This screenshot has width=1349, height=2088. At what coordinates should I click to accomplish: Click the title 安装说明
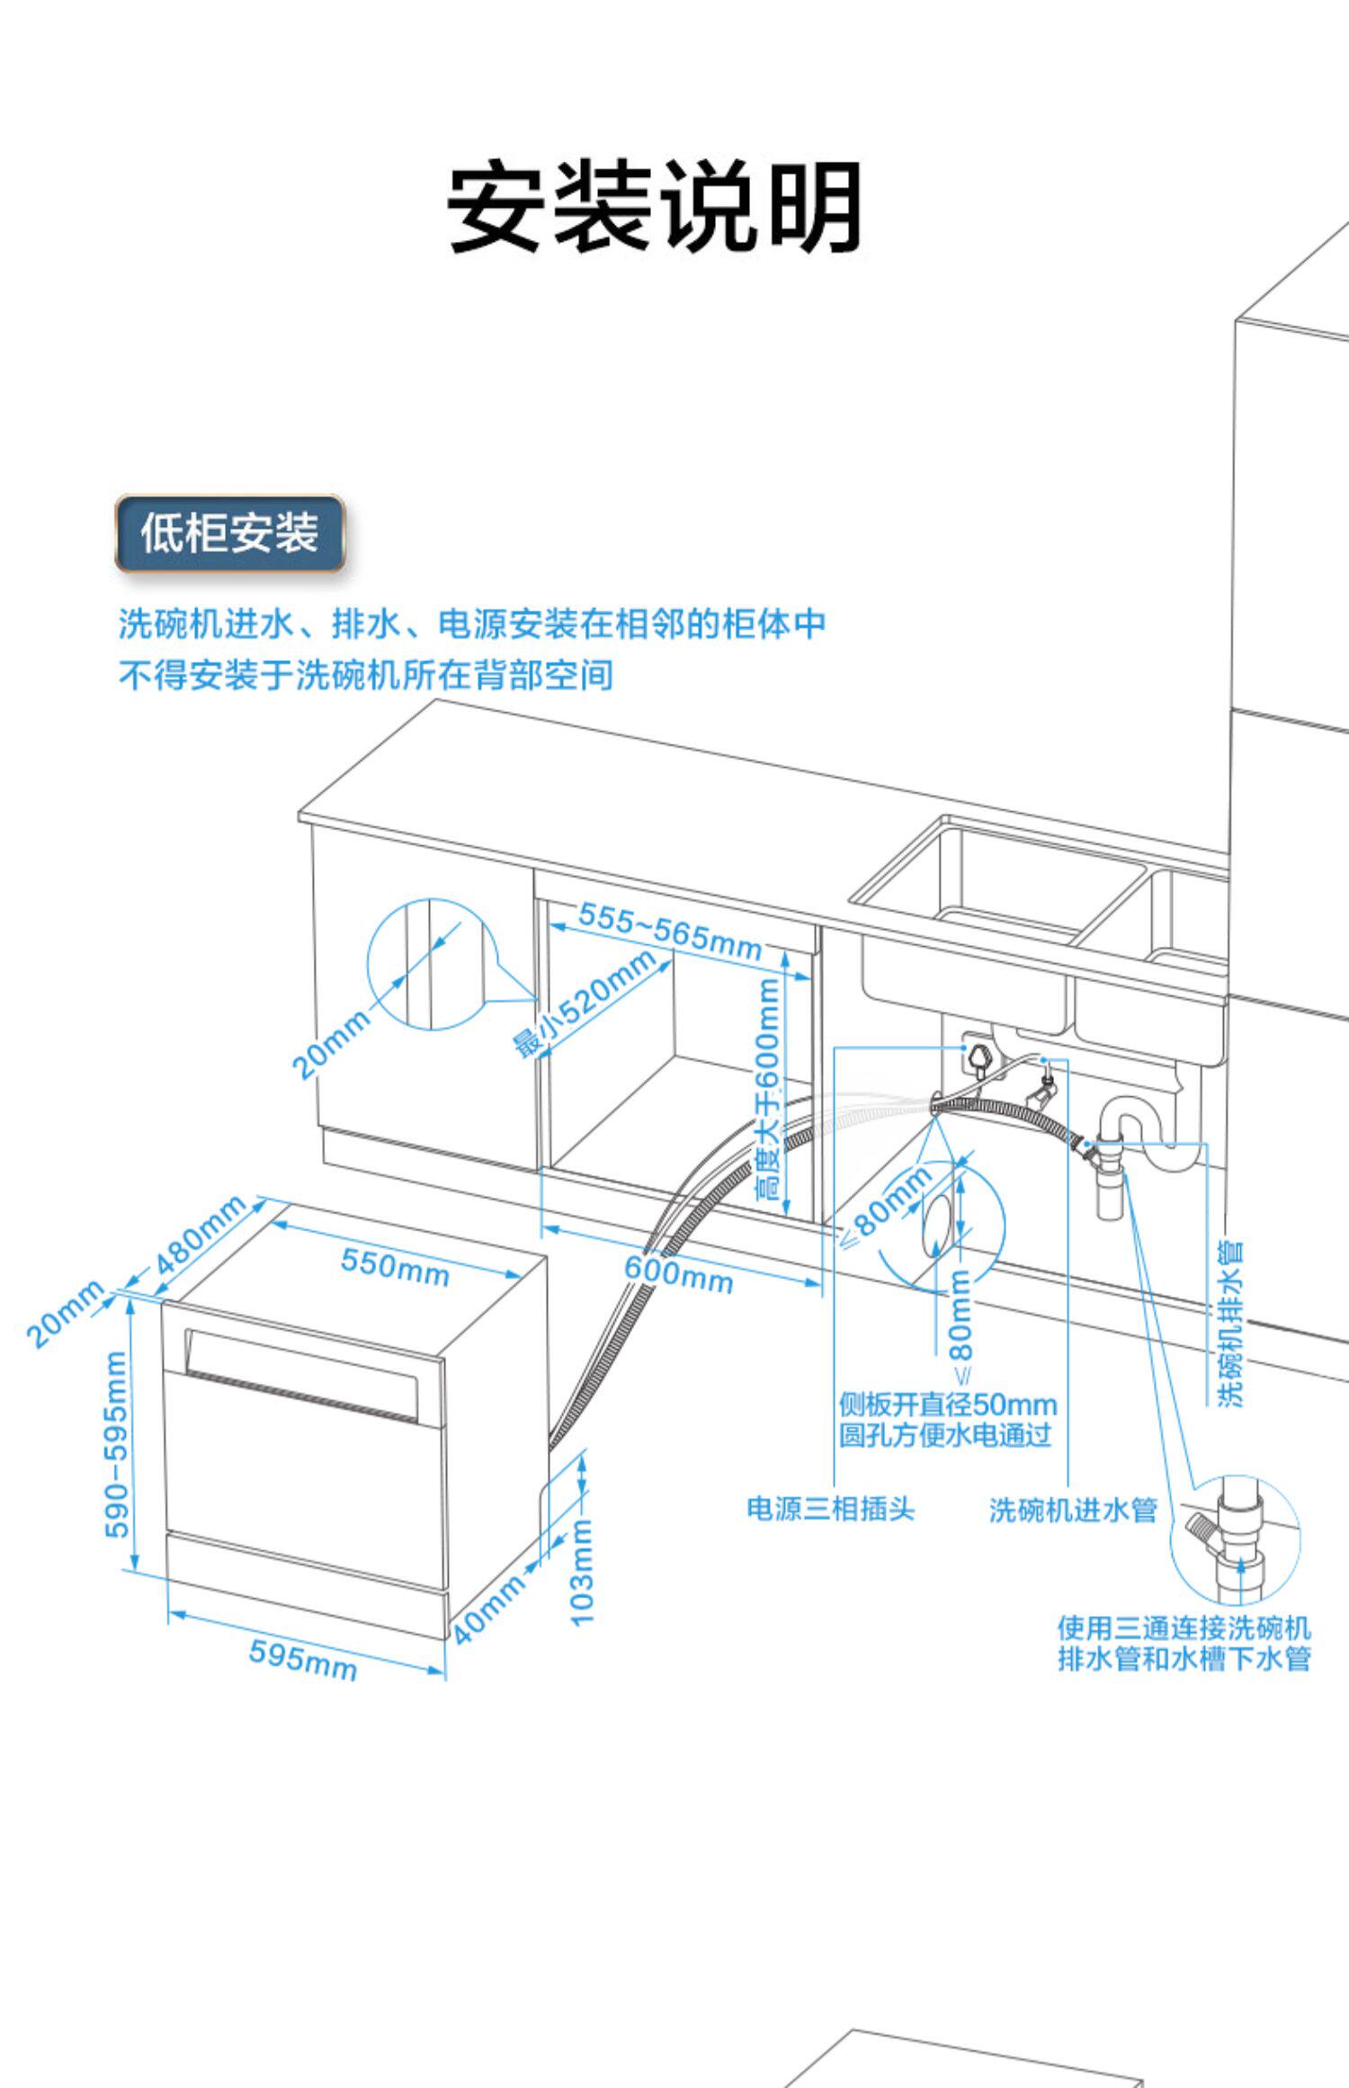(654, 207)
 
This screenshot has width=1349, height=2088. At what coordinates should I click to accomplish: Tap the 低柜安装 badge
(229, 532)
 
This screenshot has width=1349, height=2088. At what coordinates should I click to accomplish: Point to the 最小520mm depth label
(585, 1004)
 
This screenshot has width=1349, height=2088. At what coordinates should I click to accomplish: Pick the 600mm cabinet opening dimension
(679, 1273)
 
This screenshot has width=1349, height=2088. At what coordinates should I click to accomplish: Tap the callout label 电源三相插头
(830, 1509)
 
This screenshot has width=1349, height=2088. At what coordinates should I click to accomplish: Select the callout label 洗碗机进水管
(1072, 1510)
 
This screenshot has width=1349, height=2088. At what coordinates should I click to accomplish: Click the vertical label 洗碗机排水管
(1230, 1323)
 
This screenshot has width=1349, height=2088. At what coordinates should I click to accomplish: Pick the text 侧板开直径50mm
(947, 1404)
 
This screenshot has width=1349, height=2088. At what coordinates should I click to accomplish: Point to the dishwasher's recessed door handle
(302, 1371)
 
